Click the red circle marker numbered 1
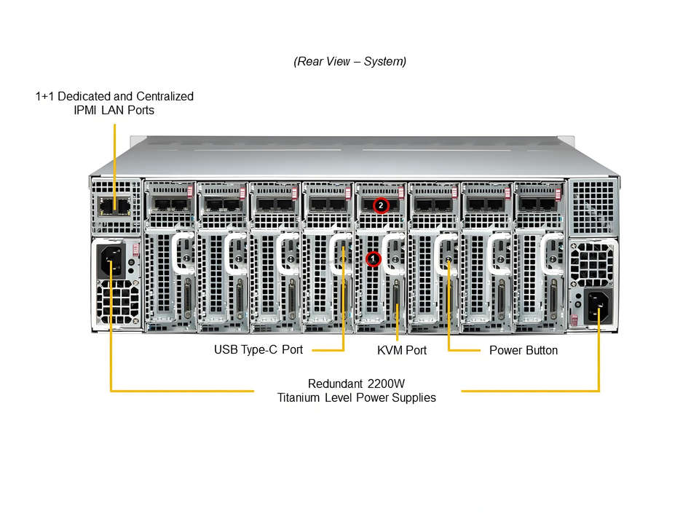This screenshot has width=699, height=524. (x=373, y=258)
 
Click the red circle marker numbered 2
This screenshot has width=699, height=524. (x=381, y=205)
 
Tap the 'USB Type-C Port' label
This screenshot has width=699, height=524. (x=258, y=349)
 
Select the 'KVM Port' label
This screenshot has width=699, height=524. (x=402, y=350)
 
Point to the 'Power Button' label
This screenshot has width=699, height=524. (x=524, y=350)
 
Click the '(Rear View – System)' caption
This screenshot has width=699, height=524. (x=349, y=61)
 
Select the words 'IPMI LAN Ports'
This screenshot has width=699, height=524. (x=115, y=110)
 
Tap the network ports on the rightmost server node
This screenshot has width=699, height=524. (x=539, y=204)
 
